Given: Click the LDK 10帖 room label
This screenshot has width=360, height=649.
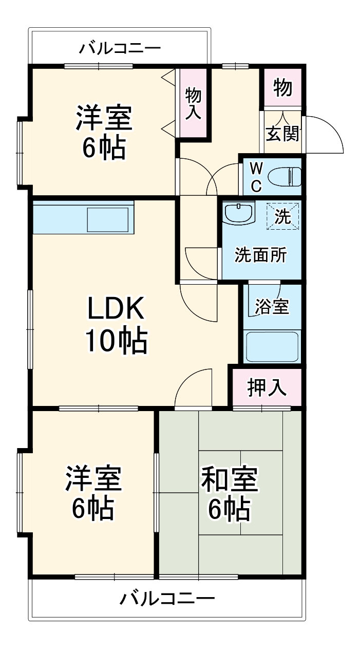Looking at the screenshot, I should (x=116, y=324).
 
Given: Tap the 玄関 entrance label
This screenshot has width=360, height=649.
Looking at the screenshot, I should (x=282, y=134).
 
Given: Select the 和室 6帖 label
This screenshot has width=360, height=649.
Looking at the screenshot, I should (x=230, y=492).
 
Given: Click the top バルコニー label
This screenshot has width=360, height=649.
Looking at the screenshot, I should (x=120, y=49).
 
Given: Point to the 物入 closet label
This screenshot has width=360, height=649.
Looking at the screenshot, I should (x=194, y=104).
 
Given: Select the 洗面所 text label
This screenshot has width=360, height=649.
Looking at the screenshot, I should (x=260, y=255).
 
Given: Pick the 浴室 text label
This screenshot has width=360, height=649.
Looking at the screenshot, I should (x=272, y=307).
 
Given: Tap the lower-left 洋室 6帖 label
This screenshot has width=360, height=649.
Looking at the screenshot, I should (x=92, y=492).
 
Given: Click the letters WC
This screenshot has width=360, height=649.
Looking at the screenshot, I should (x=256, y=177).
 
